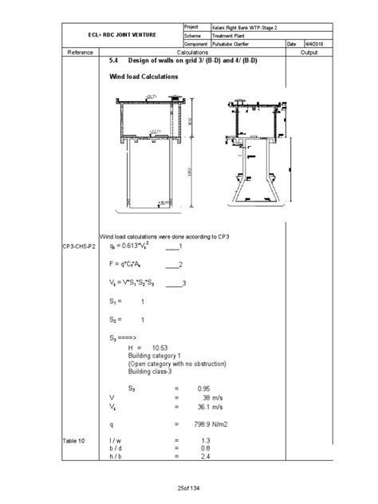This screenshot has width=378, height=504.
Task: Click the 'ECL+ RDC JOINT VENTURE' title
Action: click(x=122, y=35)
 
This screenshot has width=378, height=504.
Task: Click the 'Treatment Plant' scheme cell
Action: click(x=232, y=35)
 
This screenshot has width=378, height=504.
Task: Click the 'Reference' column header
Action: click(x=81, y=52)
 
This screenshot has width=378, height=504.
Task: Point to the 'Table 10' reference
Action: click(x=74, y=439)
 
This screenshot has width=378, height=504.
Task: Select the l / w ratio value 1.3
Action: click(x=207, y=440)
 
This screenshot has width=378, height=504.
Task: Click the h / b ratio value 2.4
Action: click(x=207, y=457)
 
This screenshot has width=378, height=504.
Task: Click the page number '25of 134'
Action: click(x=190, y=488)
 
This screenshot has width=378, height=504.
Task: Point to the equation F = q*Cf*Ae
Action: click(x=129, y=264)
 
